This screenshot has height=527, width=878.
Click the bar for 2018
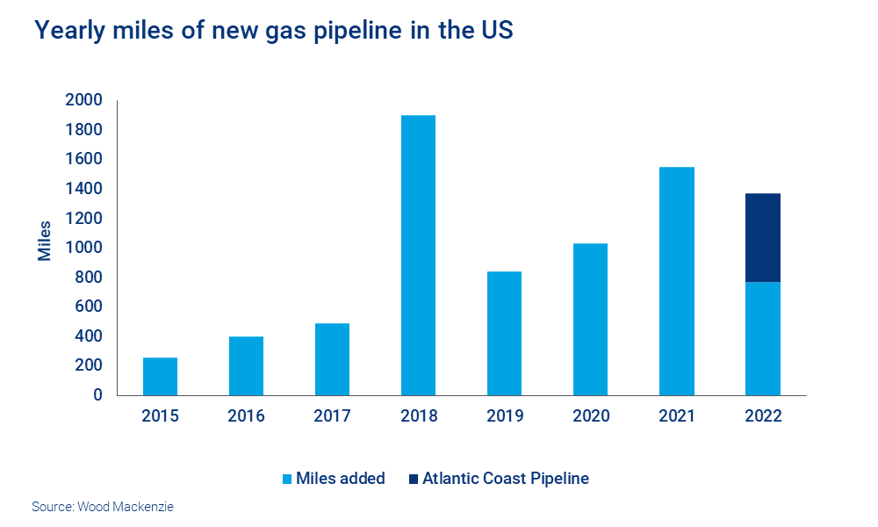(x=418, y=255)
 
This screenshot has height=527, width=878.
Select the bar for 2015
(x=160, y=376)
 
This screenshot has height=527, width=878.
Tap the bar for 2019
(x=504, y=333)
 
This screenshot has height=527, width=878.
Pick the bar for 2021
(x=676, y=281)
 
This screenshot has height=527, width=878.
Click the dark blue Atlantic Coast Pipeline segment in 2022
(x=762, y=237)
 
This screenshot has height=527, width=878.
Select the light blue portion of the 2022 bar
(x=762, y=338)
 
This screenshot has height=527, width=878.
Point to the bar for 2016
(x=246, y=365)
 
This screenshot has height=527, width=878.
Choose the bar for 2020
(x=590, y=319)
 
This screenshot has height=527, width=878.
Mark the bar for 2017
(x=332, y=359)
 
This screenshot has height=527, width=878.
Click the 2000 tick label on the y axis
(x=83, y=100)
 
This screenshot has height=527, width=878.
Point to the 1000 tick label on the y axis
(x=83, y=248)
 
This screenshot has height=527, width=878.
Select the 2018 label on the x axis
(x=418, y=416)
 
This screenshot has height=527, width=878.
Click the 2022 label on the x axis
(x=762, y=416)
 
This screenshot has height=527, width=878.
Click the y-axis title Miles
(x=45, y=240)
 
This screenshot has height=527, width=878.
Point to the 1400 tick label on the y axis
(x=83, y=189)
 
